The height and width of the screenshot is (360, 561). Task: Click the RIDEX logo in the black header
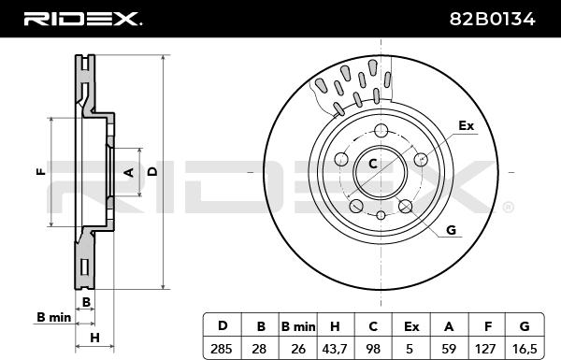click(82, 19)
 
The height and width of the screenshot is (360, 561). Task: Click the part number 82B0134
click(492, 19)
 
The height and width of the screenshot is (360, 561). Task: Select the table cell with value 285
click(222, 348)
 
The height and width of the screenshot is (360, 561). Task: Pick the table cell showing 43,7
click(335, 348)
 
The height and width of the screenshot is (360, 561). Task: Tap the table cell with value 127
click(485, 348)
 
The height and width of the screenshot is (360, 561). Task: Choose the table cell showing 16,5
click(525, 348)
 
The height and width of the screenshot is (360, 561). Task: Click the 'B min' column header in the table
click(298, 326)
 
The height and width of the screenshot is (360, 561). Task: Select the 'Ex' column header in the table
click(411, 326)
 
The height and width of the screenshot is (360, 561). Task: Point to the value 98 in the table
click(373, 348)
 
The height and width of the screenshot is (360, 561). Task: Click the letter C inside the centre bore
click(373, 164)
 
